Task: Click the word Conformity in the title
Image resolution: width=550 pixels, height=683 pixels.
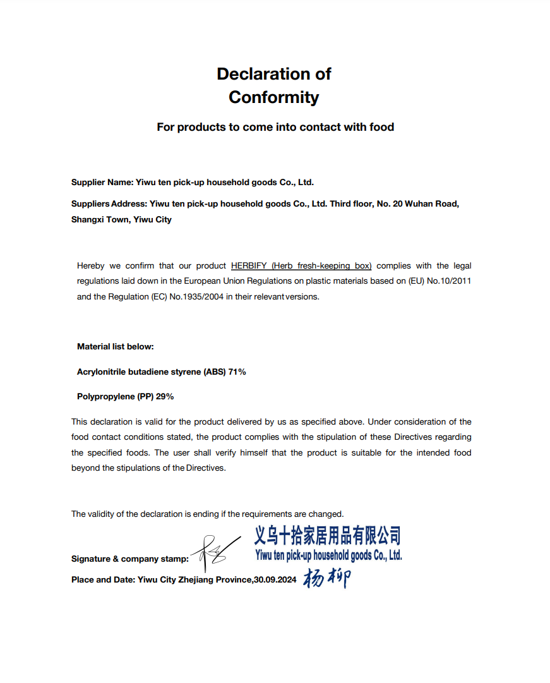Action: [273, 97]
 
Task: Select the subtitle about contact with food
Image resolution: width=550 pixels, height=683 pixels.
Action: [275, 127]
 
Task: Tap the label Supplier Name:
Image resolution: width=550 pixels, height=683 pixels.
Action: [102, 182]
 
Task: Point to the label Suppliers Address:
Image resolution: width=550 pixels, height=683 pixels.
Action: [109, 204]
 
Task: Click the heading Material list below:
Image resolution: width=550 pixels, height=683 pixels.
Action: [116, 346]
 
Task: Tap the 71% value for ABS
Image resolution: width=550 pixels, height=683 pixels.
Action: [237, 372]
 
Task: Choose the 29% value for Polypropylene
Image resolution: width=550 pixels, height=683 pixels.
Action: [164, 397]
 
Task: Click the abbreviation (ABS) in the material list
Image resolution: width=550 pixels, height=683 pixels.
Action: [214, 372]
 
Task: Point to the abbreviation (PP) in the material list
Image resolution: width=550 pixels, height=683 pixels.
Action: [145, 397]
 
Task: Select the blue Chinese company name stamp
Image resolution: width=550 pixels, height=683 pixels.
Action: [327, 536]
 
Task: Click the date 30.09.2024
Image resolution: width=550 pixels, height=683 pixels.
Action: [275, 579]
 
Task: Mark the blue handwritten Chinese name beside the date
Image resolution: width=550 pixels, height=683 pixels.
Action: [326, 577]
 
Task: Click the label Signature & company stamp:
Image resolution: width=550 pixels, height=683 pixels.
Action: [129, 559]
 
